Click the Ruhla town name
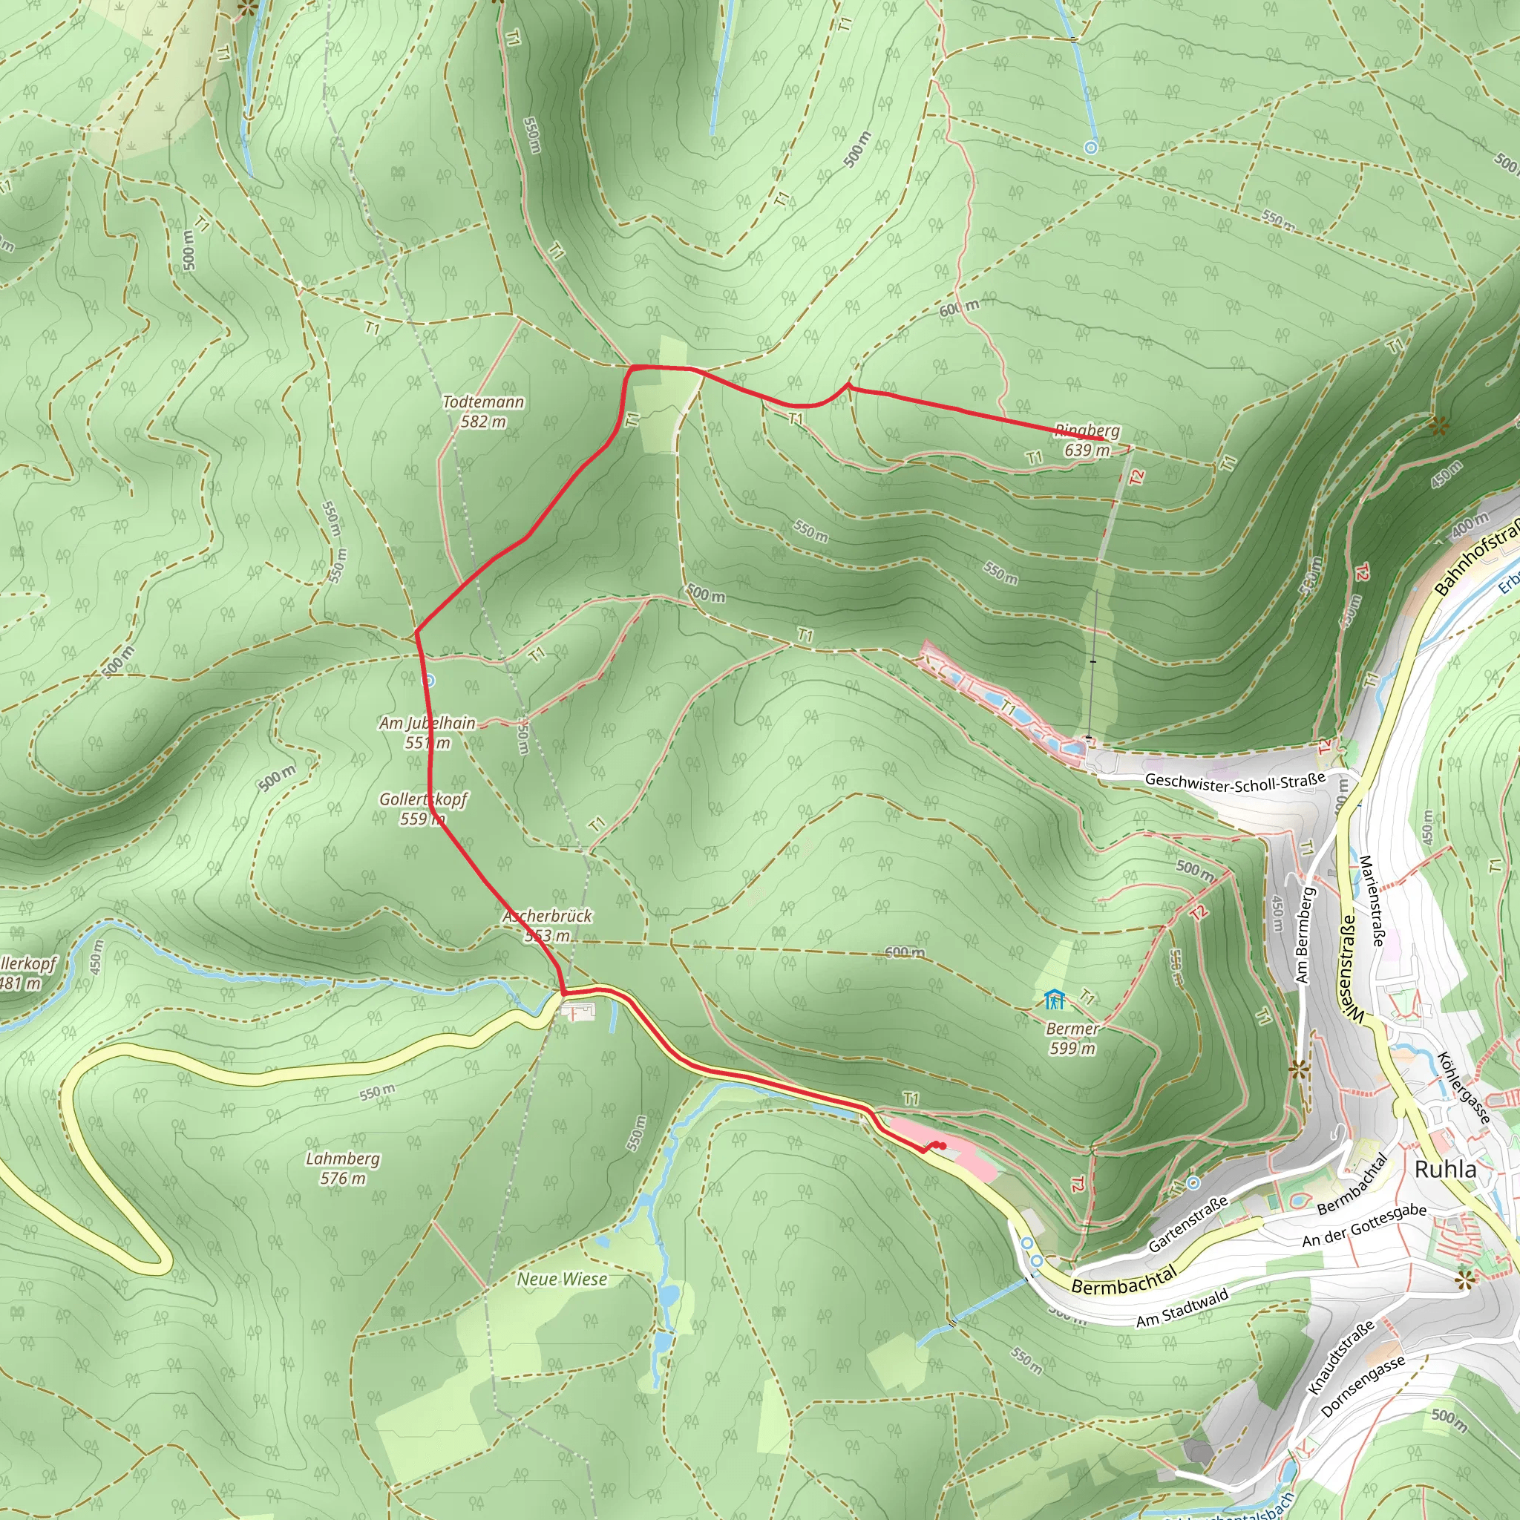[1445, 1169]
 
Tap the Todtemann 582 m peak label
[483, 411]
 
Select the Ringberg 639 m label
[1087, 441]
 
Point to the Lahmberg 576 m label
[342, 1168]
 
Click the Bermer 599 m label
[1072, 1038]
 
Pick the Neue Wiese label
[562, 1280]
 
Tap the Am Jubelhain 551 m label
[427, 733]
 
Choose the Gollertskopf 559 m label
[423, 809]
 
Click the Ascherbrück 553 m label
[547, 926]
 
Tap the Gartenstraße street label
[1187, 1225]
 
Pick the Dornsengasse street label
[1363, 1386]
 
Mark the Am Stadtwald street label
[1182, 1308]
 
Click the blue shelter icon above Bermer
[1054, 1000]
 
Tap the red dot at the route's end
[943, 1145]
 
